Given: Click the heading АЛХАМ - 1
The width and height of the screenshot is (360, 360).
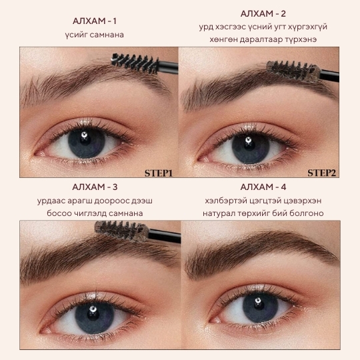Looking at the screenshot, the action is pyautogui.click(x=95, y=21).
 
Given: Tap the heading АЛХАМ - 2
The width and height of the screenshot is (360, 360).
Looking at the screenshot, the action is pyautogui.click(x=263, y=14).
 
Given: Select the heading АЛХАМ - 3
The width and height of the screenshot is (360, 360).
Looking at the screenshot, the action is pyautogui.click(x=95, y=187).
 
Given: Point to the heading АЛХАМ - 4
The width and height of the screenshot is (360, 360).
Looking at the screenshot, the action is pyautogui.click(x=263, y=187).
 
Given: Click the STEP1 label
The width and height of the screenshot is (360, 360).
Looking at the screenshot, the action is pyautogui.click(x=159, y=173).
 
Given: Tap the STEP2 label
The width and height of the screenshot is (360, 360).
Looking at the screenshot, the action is pyautogui.click(x=321, y=173).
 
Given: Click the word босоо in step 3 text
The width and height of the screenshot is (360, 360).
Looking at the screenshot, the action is pyautogui.click(x=59, y=213).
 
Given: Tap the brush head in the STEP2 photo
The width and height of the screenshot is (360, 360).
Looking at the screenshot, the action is pyautogui.click(x=293, y=70).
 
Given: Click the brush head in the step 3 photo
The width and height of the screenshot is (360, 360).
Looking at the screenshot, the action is pyautogui.click(x=122, y=231).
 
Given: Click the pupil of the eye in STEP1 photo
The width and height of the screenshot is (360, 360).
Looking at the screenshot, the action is pyautogui.click(x=85, y=139).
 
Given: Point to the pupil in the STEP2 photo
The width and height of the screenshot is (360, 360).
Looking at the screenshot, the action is pyautogui.click(x=249, y=144).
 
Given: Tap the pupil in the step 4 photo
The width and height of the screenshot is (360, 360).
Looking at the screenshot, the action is pyautogui.click(x=259, y=305).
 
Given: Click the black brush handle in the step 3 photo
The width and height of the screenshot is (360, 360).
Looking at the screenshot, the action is pyautogui.click(x=165, y=235).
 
